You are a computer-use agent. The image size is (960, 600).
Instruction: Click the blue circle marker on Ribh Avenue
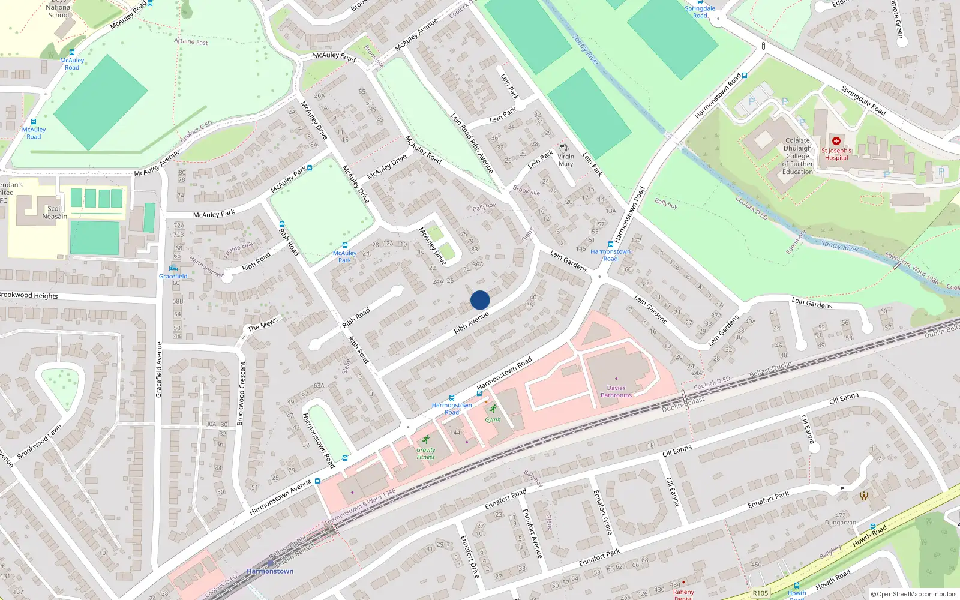coord(480,300)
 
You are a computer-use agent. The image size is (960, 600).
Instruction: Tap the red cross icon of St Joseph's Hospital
coord(836,141)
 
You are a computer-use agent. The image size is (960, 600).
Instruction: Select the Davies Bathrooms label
coord(616,392)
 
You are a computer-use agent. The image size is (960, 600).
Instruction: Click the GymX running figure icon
coord(493,409)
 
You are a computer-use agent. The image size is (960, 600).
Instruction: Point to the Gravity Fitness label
coord(425,454)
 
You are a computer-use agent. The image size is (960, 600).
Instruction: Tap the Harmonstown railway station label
coord(270,571)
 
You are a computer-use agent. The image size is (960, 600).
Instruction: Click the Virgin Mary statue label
coord(566,160)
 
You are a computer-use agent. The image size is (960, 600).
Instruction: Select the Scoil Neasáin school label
coord(55,212)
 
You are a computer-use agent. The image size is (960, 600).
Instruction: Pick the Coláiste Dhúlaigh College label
coord(797,156)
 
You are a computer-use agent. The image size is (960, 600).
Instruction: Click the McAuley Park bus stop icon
coord(344,245)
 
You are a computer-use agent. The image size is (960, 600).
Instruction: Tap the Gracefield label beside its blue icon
coord(173,277)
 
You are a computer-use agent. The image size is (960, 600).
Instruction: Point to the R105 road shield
coord(760,593)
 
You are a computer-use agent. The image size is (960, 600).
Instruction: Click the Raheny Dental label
coord(683,593)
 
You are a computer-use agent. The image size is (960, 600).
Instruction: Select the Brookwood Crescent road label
coord(241,394)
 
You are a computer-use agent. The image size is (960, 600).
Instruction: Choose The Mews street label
coord(263,324)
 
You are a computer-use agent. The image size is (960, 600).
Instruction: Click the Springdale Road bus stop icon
coord(700,2)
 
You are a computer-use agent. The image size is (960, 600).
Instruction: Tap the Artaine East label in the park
coord(191,41)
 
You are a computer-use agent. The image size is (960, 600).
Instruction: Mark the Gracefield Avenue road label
coord(159,370)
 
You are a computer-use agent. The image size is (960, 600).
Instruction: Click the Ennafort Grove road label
coord(602,512)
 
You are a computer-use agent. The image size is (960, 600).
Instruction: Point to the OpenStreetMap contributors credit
coord(914,594)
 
